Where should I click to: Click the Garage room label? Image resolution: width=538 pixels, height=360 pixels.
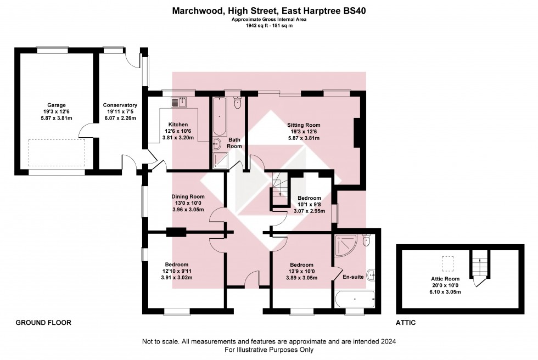[56, 105]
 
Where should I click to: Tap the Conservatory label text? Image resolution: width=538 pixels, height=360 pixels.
[120, 105]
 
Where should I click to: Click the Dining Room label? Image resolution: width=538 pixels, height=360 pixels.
[188, 196]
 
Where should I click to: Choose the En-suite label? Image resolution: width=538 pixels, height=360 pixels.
[353, 277]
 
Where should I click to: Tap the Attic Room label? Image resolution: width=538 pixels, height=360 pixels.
[445, 279]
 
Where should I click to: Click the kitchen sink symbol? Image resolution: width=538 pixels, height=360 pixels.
[179, 101]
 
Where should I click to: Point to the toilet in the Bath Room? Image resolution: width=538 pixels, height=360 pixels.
[238, 103]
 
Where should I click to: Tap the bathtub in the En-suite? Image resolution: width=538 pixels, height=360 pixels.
[355, 300]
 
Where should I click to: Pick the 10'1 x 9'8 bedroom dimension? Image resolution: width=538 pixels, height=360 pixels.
[309, 204]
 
